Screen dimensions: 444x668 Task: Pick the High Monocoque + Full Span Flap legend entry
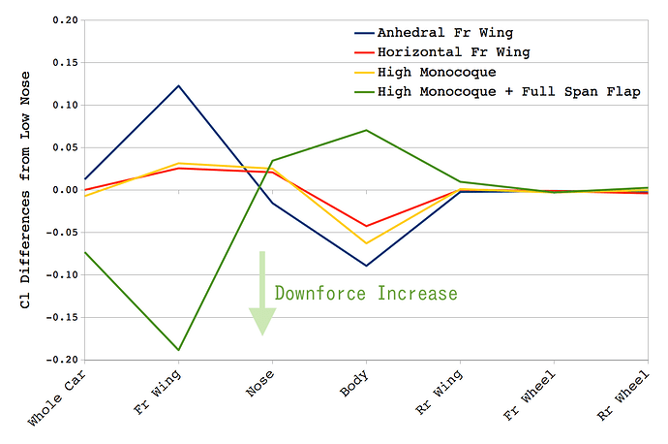pyautogui.click(x=508, y=91)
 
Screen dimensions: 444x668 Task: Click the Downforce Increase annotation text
pyautogui.click(x=365, y=293)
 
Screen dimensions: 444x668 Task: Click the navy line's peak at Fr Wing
pyautogui.click(x=179, y=85)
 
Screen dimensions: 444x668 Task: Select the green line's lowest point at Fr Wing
pyautogui.click(x=179, y=350)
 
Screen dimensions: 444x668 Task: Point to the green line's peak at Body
pyautogui.click(x=367, y=130)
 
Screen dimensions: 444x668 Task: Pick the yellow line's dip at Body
pyautogui.click(x=367, y=243)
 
